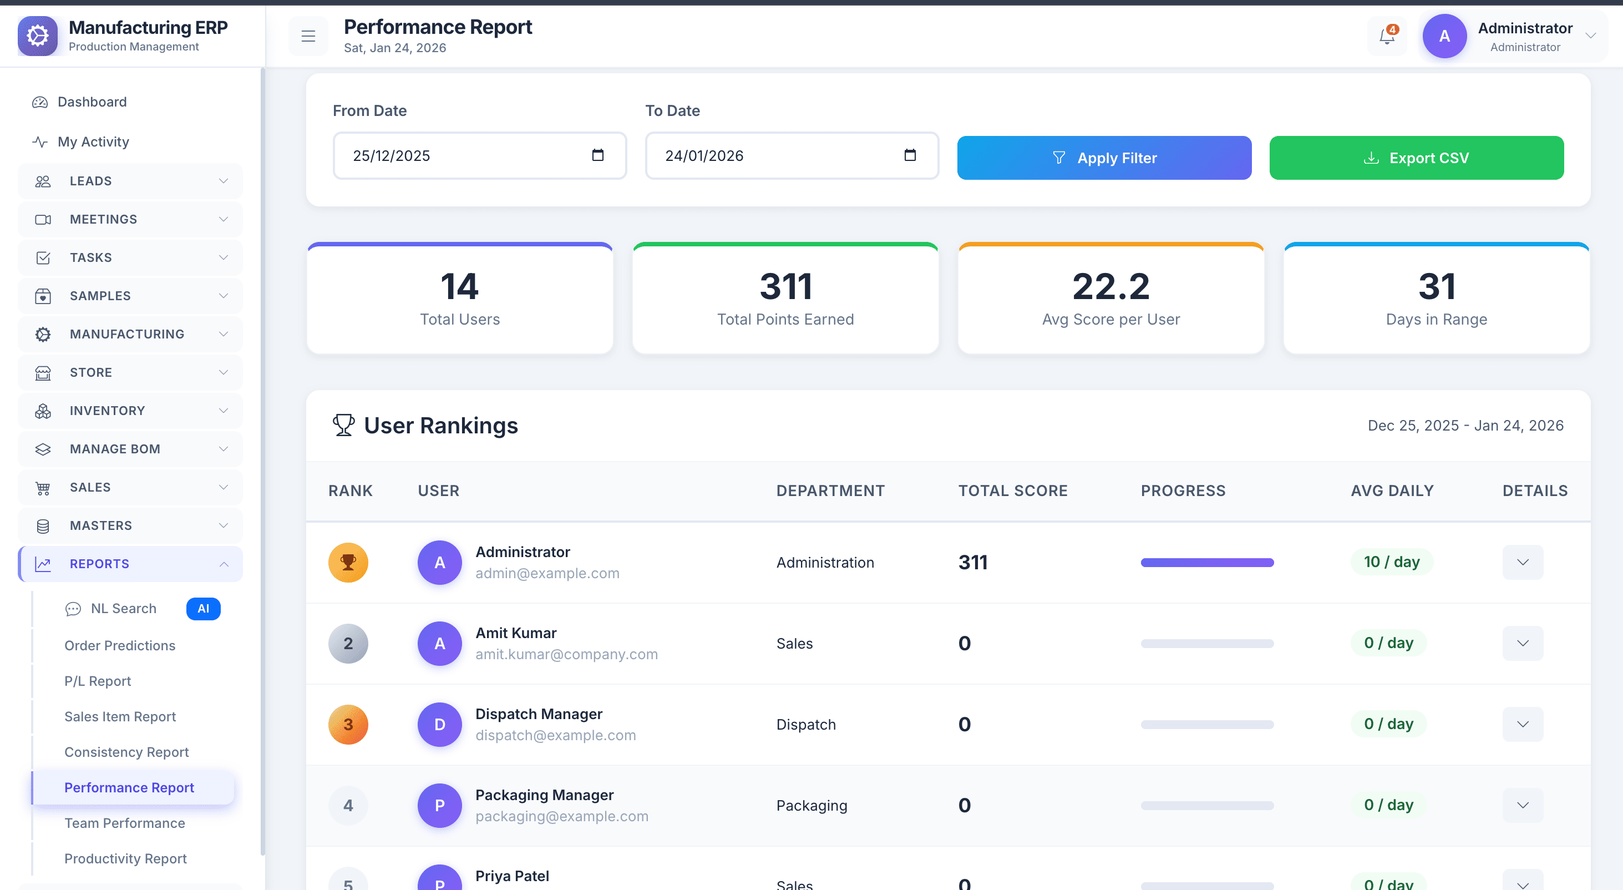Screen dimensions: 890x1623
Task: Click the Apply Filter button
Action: pyautogui.click(x=1104, y=158)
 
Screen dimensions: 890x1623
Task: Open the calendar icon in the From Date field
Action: pyautogui.click(x=597, y=155)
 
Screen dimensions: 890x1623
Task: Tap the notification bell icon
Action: pyautogui.click(x=1387, y=36)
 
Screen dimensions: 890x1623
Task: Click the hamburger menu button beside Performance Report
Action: pyautogui.click(x=308, y=36)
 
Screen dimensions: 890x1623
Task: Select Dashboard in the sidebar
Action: pyautogui.click(x=92, y=102)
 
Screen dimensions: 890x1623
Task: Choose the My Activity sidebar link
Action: pyautogui.click(x=93, y=142)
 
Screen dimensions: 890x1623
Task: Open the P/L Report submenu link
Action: pyautogui.click(x=98, y=681)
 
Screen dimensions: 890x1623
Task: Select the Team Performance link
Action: pyautogui.click(x=125, y=823)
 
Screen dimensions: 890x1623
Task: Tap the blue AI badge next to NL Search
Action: pyautogui.click(x=203, y=609)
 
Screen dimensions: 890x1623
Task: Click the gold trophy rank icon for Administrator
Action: pyautogui.click(x=348, y=562)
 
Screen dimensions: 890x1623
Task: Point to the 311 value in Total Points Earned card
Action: pyautogui.click(x=785, y=286)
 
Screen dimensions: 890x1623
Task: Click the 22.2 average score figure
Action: pyautogui.click(x=1111, y=286)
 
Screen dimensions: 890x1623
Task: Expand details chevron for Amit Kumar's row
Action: pyautogui.click(x=1522, y=644)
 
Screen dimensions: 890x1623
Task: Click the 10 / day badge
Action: pyautogui.click(x=1391, y=562)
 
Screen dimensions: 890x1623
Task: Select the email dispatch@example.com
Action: pyautogui.click(x=555, y=736)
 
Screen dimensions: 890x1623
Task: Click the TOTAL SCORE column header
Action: pyautogui.click(x=1012, y=491)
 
